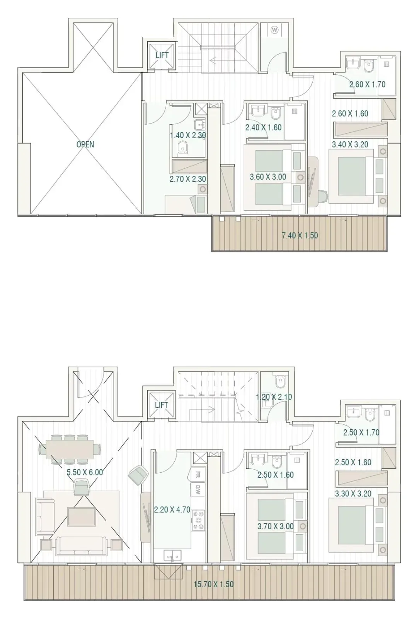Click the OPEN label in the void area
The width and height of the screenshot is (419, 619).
tap(85, 144)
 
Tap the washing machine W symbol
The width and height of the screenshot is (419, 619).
tap(274, 29)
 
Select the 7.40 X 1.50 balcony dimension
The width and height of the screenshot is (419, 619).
tap(300, 236)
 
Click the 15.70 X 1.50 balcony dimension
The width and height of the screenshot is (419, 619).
tap(213, 584)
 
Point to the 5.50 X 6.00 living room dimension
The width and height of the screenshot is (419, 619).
tap(85, 472)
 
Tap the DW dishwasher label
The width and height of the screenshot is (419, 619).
tap(198, 489)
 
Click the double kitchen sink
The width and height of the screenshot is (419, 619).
tap(172, 555)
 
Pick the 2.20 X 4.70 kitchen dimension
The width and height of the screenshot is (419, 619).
tap(172, 509)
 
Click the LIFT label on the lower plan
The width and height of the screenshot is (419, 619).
tap(161, 405)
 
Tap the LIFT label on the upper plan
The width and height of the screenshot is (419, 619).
tap(162, 55)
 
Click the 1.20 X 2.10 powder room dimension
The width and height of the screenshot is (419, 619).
tap(274, 397)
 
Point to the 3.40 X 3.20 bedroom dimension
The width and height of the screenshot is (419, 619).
tap(350, 144)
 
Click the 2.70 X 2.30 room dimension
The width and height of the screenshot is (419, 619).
tap(188, 179)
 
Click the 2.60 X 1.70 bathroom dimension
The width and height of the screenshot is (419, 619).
tap(368, 84)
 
